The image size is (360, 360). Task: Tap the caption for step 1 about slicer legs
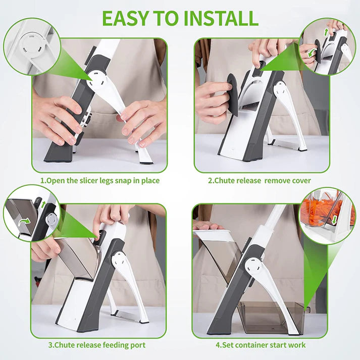tap(100, 180)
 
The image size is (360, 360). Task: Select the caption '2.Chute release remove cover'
tap(260, 180)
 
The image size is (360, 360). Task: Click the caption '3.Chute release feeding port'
tap(96, 345)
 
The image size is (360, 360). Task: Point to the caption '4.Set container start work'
tap(261, 345)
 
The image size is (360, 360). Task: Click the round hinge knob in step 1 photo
tap(97, 79)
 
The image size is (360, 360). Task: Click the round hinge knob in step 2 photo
tap(281, 90)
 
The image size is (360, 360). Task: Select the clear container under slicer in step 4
tap(273, 317)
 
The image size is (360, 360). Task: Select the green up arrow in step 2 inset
tap(326, 33)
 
